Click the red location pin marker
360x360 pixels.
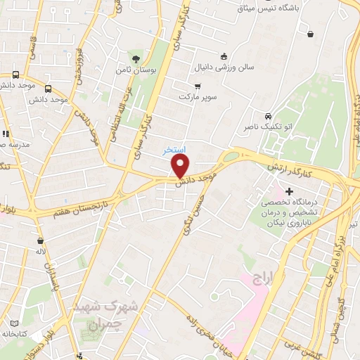181,166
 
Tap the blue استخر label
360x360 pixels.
174,150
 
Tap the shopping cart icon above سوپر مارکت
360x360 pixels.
198,86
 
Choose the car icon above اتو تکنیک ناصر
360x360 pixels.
268,116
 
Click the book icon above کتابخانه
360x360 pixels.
14,323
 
